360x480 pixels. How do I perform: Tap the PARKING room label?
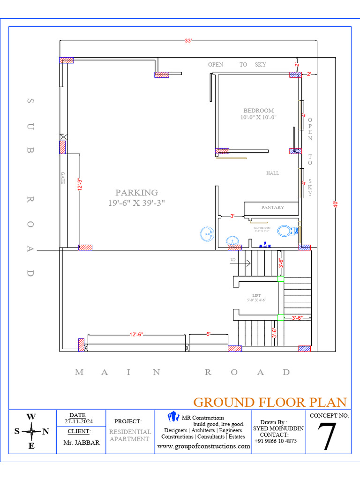click(136, 193)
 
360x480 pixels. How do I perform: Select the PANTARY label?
click(272, 207)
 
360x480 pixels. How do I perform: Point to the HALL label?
click(272, 173)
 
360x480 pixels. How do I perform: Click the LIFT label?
click(256, 296)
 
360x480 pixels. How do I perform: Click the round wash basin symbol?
click(207, 233)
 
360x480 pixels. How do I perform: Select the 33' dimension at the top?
click(188, 41)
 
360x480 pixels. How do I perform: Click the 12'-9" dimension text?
click(80, 184)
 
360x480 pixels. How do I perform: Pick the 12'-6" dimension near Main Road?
click(136, 334)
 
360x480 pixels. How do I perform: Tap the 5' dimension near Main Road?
click(208, 334)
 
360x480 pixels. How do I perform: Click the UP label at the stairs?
click(233, 260)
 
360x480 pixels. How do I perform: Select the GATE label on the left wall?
click(62, 177)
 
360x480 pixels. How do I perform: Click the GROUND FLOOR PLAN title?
click(270, 402)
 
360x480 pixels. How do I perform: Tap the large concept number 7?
click(328, 437)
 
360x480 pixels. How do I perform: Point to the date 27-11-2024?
click(78, 421)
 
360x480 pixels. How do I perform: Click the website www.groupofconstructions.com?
click(203, 446)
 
